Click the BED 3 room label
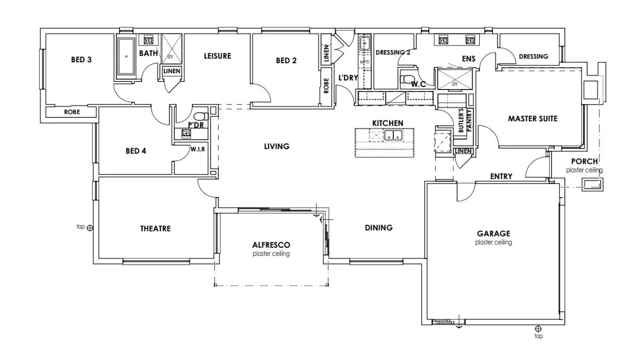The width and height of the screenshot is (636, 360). (81, 60)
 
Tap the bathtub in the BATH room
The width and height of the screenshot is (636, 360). (126, 57)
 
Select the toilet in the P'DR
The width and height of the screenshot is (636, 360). (199, 116)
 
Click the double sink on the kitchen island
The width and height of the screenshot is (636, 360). (392, 136)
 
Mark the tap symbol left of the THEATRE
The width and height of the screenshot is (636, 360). (90, 228)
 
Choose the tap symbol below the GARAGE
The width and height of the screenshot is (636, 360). (538, 329)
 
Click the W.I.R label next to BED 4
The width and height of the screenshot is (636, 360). (197, 150)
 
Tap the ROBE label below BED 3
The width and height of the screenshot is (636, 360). (71, 112)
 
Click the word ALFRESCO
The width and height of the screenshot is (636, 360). (271, 245)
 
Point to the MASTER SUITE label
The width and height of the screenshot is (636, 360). (532, 119)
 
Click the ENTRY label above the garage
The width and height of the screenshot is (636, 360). (501, 176)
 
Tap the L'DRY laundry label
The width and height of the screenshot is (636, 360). (348, 78)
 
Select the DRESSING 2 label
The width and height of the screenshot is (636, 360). (393, 52)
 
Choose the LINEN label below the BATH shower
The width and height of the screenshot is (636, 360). (171, 71)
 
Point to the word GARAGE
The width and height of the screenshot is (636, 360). (493, 234)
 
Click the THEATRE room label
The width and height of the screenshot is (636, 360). (155, 229)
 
